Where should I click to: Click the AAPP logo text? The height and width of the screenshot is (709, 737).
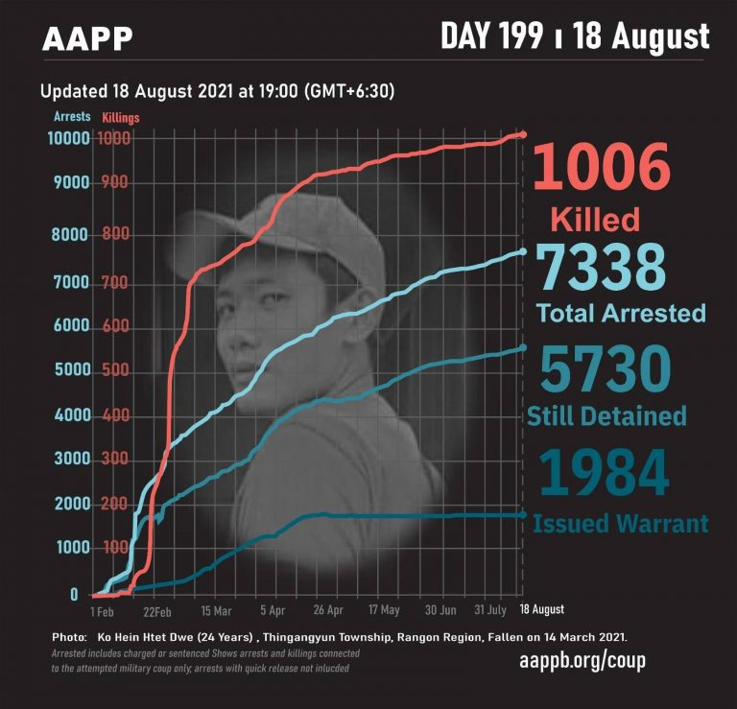pos(87,37)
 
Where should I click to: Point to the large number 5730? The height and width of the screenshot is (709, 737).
pos(604,369)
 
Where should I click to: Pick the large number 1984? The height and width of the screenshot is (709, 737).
pos(603,472)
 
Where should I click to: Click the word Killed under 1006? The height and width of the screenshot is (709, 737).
pos(595,220)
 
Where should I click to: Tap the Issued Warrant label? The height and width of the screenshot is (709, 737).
pos(621,524)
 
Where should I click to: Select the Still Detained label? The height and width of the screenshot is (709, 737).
pos(606,415)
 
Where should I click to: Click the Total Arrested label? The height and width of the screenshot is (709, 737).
pos(621,313)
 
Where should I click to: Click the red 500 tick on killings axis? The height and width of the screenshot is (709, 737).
pos(115,371)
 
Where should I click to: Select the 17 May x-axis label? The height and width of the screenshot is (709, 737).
pos(383,610)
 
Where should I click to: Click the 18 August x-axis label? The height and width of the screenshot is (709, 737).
pos(542,610)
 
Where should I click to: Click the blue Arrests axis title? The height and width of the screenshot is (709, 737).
pos(72,117)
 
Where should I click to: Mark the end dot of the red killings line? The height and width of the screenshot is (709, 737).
pos(522,134)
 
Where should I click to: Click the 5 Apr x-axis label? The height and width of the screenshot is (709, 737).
pos(272,610)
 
